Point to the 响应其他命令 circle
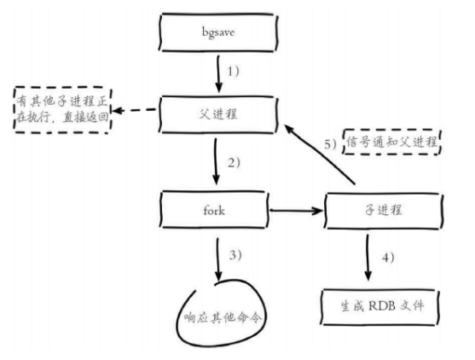click(x=177, y=318)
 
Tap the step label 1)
click(x=234, y=72)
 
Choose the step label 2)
click(x=234, y=163)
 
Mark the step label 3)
click(x=235, y=255)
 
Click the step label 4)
click(x=388, y=258)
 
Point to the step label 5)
click(x=330, y=144)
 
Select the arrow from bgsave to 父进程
click(x=218, y=73)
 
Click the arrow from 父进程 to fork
click(x=216, y=161)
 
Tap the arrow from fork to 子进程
click(x=296, y=211)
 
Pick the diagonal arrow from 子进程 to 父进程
click(x=319, y=154)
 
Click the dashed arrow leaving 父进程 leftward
click(x=134, y=110)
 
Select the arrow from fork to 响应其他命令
click(x=218, y=259)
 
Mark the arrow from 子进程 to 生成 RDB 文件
click(x=368, y=258)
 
